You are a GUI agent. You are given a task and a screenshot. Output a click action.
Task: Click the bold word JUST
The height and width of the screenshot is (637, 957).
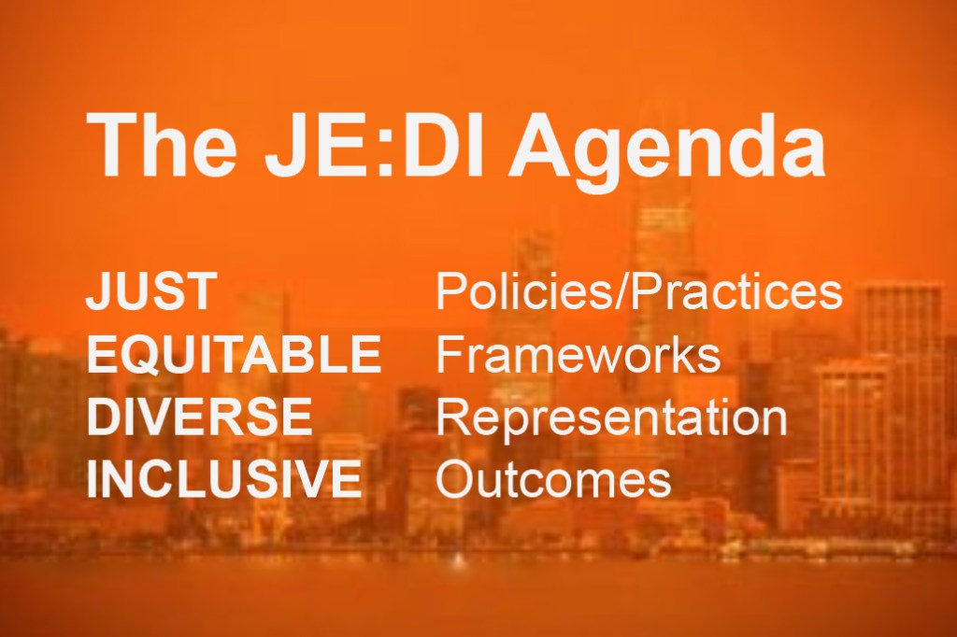pyautogui.click(x=151, y=291)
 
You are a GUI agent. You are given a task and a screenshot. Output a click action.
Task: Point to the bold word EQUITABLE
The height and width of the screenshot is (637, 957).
pyautogui.click(x=234, y=354)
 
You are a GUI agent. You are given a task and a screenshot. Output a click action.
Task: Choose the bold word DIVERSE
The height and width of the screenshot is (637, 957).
pyautogui.click(x=199, y=417)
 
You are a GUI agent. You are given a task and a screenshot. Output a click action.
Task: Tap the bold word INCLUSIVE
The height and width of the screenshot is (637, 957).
pyautogui.click(x=224, y=478)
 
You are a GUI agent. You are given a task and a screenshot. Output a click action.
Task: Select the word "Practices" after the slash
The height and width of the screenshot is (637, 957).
pyautogui.click(x=736, y=291)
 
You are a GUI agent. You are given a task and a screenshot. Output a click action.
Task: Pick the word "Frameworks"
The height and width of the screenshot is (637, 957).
pyautogui.click(x=578, y=354)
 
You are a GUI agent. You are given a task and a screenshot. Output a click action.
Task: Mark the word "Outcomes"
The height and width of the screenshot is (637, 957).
pyautogui.click(x=553, y=478)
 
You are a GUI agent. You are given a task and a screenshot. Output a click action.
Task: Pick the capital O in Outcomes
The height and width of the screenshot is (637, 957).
pyautogui.click(x=456, y=478)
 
